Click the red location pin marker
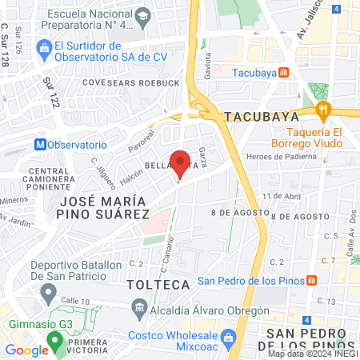coord(181,163)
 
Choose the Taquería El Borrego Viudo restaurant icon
coord(323,110)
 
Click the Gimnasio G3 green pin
coord(54,341)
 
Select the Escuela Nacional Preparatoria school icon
coord(142,15)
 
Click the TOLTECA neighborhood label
coord(158,285)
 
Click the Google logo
coord(26,350)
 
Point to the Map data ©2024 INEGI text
coord(312,354)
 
